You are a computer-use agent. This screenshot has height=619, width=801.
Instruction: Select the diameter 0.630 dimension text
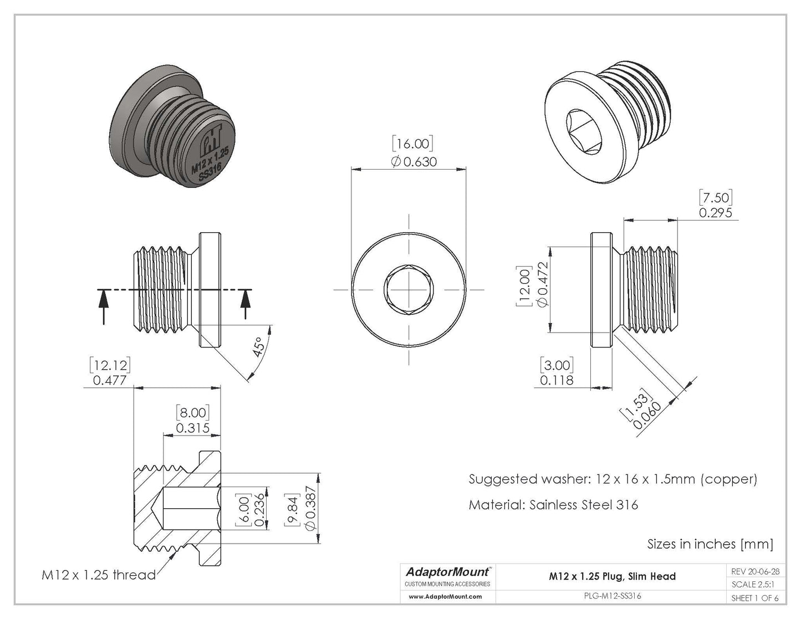click(414, 162)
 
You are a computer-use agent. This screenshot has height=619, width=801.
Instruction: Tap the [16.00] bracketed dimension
click(413, 144)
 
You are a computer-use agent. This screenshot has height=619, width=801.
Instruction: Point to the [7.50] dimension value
click(716, 197)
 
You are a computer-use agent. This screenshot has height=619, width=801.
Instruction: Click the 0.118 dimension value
click(557, 380)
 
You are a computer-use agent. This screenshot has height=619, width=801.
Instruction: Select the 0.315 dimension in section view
click(192, 428)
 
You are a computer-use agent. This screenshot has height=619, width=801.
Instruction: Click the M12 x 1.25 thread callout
click(99, 575)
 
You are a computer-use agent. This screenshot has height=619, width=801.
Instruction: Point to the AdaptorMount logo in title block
click(448, 571)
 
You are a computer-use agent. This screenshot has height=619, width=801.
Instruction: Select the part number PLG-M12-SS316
click(613, 596)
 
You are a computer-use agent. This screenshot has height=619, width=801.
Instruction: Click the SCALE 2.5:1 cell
click(753, 584)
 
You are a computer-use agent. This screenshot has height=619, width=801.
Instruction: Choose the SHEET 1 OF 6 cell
click(754, 598)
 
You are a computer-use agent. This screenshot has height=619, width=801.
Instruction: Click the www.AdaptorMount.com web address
click(445, 597)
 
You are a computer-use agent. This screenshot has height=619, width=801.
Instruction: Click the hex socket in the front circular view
click(409, 290)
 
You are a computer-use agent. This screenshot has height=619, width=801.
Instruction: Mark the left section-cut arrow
click(103, 306)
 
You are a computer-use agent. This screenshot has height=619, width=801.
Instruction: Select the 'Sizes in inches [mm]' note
click(710, 544)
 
